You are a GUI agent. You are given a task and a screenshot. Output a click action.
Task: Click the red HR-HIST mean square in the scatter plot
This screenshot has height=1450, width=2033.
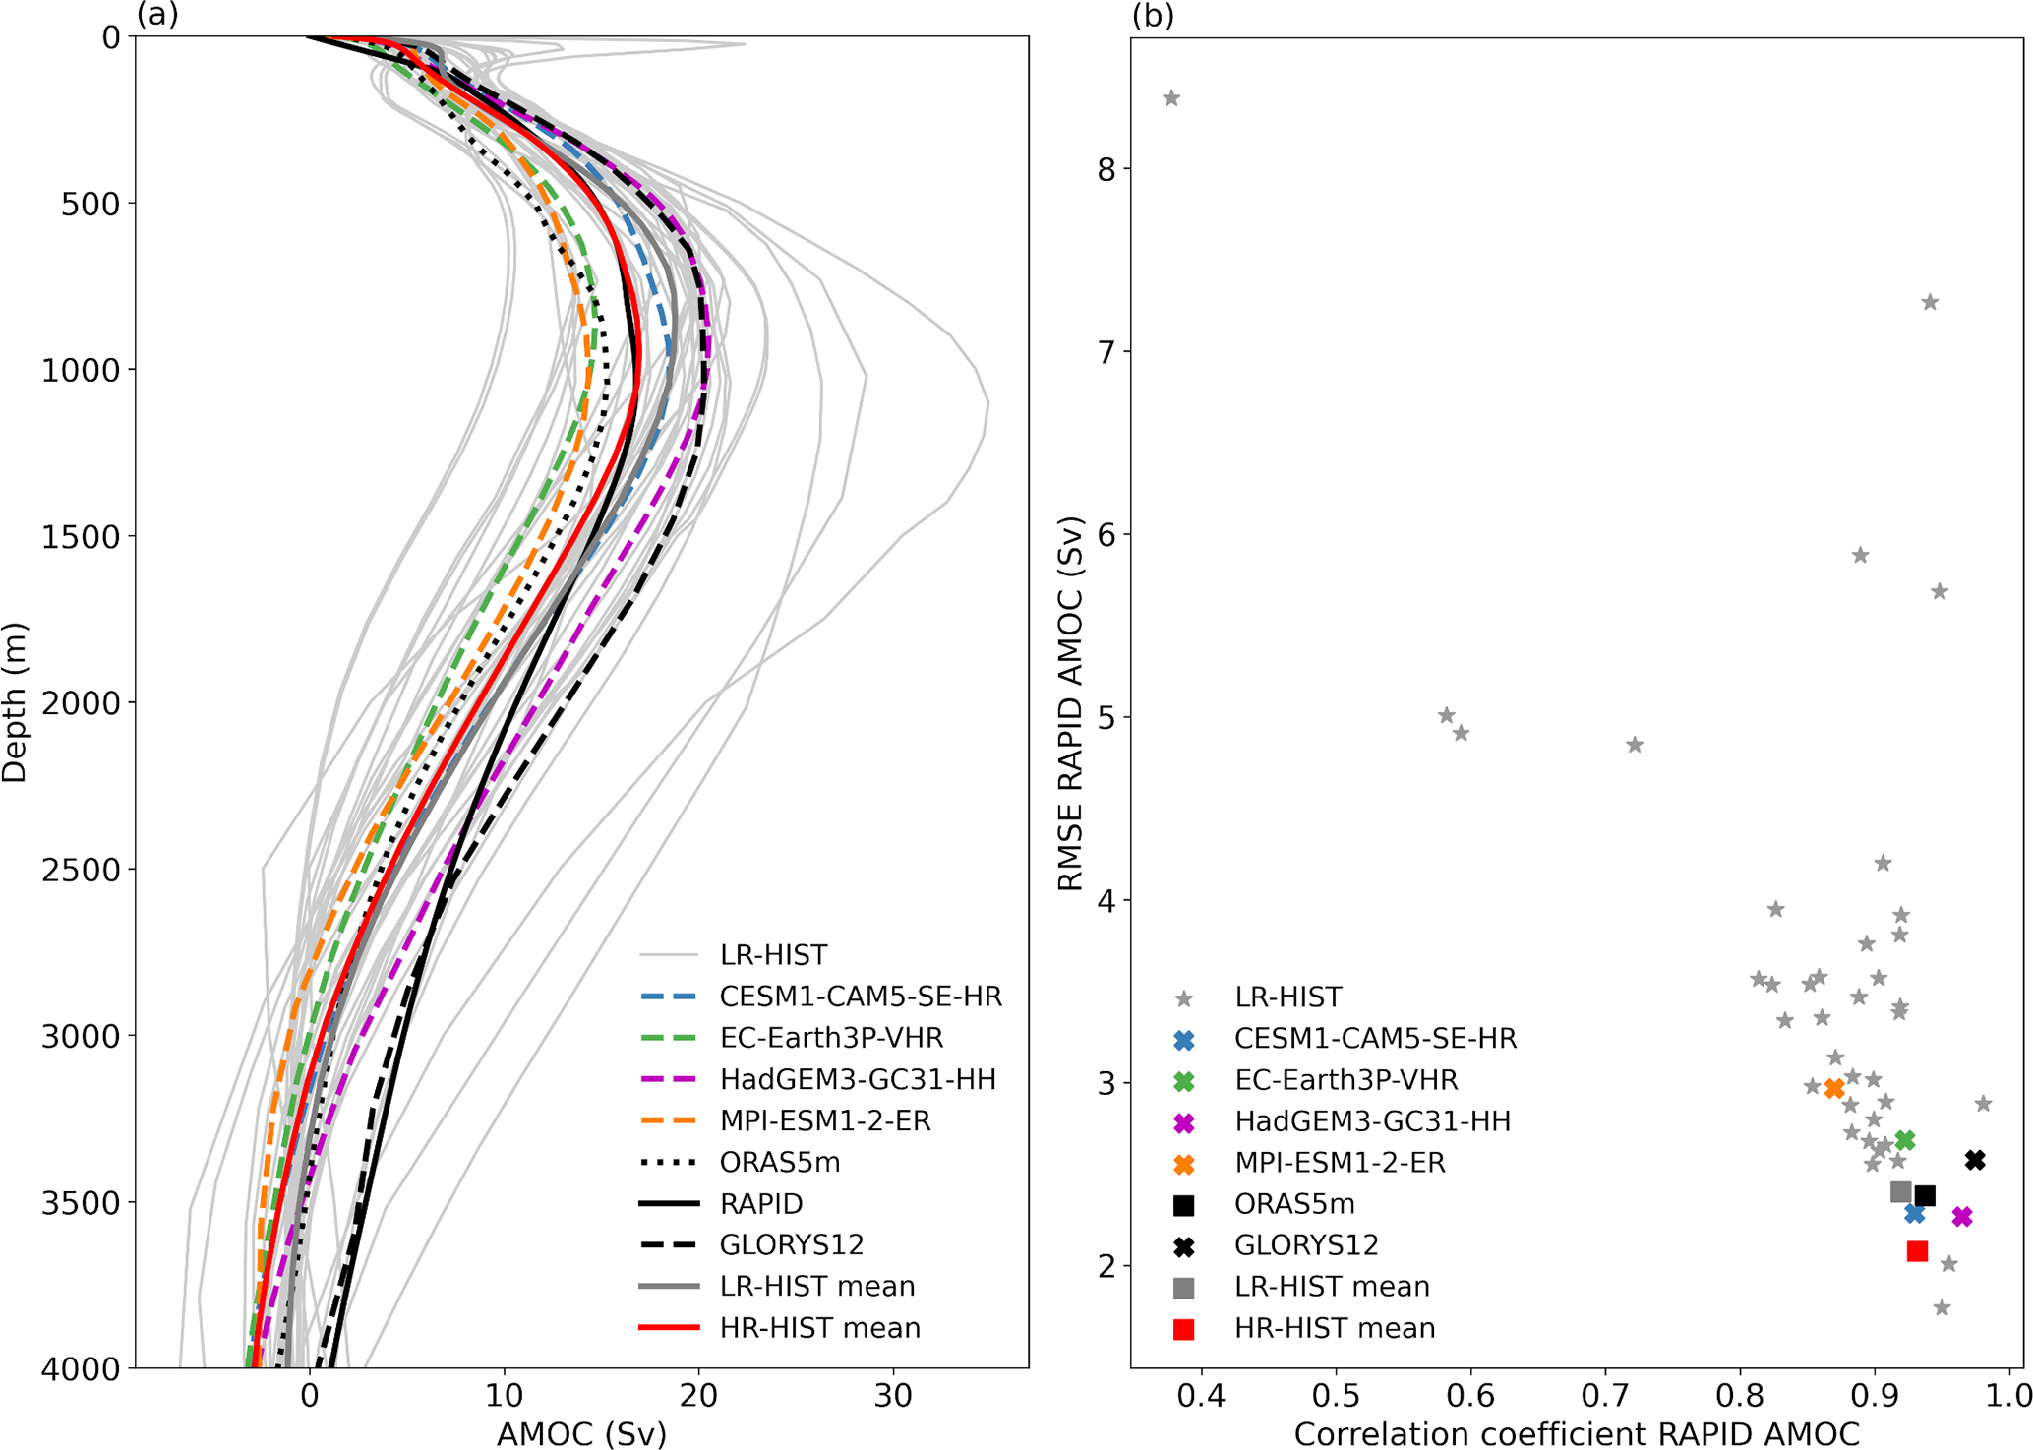pyautogui.click(x=1917, y=1251)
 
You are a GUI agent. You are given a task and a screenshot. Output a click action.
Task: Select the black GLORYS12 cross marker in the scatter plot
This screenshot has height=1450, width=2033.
pyautogui.click(x=1975, y=1161)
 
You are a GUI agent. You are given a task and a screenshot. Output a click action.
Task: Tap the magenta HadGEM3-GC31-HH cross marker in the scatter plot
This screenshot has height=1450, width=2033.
pyautogui.click(x=1962, y=1217)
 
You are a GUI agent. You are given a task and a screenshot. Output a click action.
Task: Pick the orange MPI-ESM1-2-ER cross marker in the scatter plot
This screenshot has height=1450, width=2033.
pyautogui.click(x=1834, y=1089)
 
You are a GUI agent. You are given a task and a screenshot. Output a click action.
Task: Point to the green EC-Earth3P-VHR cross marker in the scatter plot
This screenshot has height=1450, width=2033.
pyautogui.click(x=1905, y=1140)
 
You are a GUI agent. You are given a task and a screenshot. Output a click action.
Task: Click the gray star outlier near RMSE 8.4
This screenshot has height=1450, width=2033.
pyautogui.click(x=1171, y=98)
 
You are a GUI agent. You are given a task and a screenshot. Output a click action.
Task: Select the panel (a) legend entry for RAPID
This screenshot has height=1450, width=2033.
pyautogui.click(x=761, y=1204)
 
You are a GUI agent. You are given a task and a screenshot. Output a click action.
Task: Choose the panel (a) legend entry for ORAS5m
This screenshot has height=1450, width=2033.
pyautogui.click(x=780, y=1163)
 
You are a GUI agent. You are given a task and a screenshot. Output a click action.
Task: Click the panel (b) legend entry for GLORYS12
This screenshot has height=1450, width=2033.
pyautogui.click(x=1306, y=1245)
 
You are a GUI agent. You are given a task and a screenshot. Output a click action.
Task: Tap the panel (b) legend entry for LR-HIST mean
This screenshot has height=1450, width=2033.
pyautogui.click(x=1332, y=1287)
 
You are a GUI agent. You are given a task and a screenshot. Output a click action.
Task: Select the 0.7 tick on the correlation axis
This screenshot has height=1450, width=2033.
pyautogui.click(x=1606, y=1395)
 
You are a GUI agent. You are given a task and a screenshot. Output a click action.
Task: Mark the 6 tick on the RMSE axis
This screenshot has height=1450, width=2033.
pyautogui.click(x=1109, y=535)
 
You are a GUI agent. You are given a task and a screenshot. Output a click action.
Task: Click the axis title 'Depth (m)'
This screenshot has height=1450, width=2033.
pyautogui.click(x=16, y=702)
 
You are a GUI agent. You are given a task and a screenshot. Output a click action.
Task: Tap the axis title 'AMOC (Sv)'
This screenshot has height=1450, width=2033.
pyautogui.click(x=581, y=1434)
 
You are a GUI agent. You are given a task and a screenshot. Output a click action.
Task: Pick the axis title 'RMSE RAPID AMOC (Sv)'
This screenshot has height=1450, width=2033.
pyautogui.click(x=1070, y=702)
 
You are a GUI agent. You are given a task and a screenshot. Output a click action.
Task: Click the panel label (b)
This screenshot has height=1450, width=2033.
pyautogui.click(x=1153, y=16)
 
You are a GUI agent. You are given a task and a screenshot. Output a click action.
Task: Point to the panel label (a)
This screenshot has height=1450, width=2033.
pyautogui.click(x=157, y=16)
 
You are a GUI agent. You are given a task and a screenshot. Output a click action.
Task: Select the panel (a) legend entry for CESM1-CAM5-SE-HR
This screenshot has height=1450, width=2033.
pyautogui.click(x=861, y=997)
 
